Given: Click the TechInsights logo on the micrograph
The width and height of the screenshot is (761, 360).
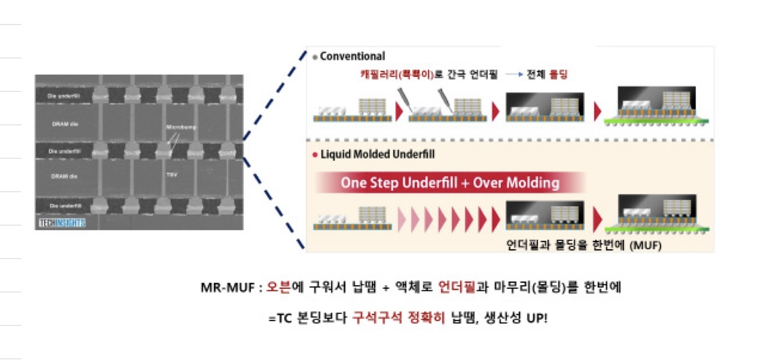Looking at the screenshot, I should tap(61, 223).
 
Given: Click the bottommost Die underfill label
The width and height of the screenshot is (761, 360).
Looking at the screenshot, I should tap(61, 206).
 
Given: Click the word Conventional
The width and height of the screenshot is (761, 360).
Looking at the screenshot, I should tap(352, 56).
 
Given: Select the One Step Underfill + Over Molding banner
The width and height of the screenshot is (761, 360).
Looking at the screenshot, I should tap(450, 182).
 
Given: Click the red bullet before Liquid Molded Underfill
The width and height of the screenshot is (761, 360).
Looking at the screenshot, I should tap(315, 154).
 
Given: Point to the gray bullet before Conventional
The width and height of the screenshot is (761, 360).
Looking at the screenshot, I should tap(315, 57).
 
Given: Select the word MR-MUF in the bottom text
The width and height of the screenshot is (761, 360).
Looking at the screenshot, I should tap(223, 288).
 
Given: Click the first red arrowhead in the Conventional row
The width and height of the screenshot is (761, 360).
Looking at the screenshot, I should tap(399, 111).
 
